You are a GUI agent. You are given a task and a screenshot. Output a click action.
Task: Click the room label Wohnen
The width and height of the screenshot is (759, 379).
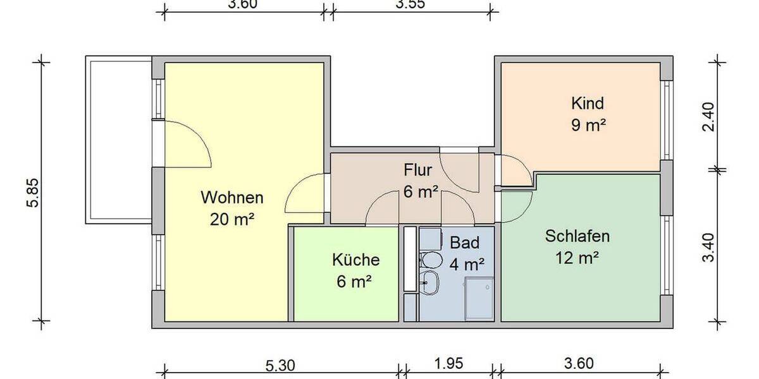pos(231,198)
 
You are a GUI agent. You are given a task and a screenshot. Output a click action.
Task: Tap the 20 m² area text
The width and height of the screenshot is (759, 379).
pos(231,219)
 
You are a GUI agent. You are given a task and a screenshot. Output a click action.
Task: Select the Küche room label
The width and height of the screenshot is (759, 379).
pos(356,260)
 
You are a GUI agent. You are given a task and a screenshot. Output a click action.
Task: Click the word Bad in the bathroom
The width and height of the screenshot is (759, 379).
pos(464,243)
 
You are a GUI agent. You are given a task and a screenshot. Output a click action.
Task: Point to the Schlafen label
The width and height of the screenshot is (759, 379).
pos(577,237)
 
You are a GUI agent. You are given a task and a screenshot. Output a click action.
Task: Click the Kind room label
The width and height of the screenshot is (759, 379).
pos(588,103)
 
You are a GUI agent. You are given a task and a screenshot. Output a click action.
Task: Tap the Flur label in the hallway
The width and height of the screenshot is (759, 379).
pos(417,170)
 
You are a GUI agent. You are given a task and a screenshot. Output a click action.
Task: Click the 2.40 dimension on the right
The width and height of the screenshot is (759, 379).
pos(710,116)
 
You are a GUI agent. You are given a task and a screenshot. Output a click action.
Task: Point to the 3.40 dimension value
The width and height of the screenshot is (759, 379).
pos(710,248)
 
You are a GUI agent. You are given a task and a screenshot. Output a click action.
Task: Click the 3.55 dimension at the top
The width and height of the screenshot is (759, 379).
pos(410,4)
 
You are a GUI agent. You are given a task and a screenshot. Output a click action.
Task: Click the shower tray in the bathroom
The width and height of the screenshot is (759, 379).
pos(479,298)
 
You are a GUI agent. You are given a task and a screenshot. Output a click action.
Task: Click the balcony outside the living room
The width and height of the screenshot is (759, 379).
pos(119,139)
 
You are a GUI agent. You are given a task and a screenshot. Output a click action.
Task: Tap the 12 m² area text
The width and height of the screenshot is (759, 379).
pos(577,258)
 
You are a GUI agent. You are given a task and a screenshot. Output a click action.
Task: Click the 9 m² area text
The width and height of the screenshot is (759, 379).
pos(588,124)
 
